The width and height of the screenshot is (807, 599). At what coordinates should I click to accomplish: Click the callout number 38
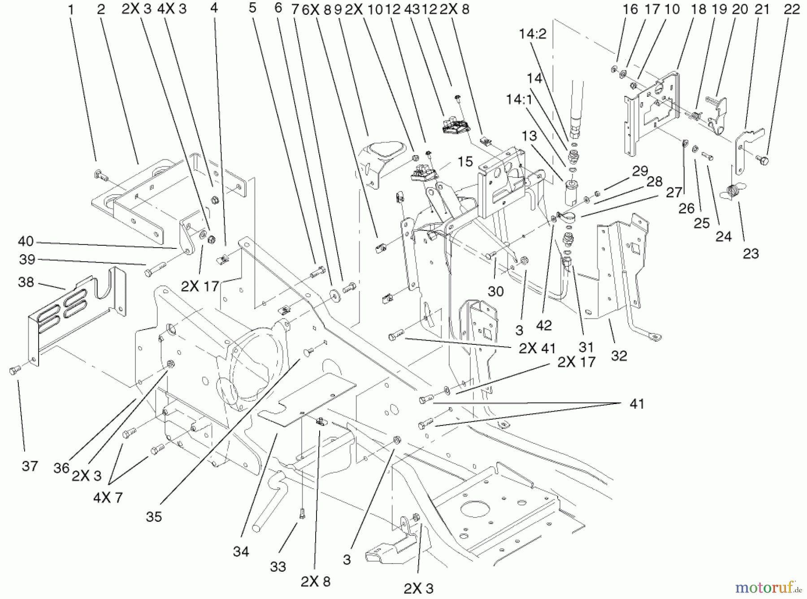pos(26,282)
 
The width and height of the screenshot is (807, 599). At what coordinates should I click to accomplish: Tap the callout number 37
pos(30,466)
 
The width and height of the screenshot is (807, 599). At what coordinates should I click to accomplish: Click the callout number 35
pos(153,517)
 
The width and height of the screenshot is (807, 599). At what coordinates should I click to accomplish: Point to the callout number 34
pos(241,551)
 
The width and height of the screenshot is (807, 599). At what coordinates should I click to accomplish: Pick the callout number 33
pos(278,567)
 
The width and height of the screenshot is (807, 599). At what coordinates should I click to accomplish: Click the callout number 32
pos(619,356)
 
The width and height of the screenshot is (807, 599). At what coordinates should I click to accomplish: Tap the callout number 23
pos(751,253)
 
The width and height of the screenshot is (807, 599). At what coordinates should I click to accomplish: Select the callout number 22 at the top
pos(792,9)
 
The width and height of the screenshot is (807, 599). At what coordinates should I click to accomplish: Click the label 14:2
pos(533,34)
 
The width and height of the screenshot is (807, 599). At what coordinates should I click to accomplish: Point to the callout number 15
pos(465,161)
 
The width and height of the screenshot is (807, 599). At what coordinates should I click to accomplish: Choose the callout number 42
pos(544,325)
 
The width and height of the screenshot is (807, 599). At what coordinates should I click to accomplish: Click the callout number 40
pos(26,241)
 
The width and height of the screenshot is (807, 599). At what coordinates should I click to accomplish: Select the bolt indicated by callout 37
pos(13,370)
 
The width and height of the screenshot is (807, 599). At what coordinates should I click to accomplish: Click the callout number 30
pos(495,291)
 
